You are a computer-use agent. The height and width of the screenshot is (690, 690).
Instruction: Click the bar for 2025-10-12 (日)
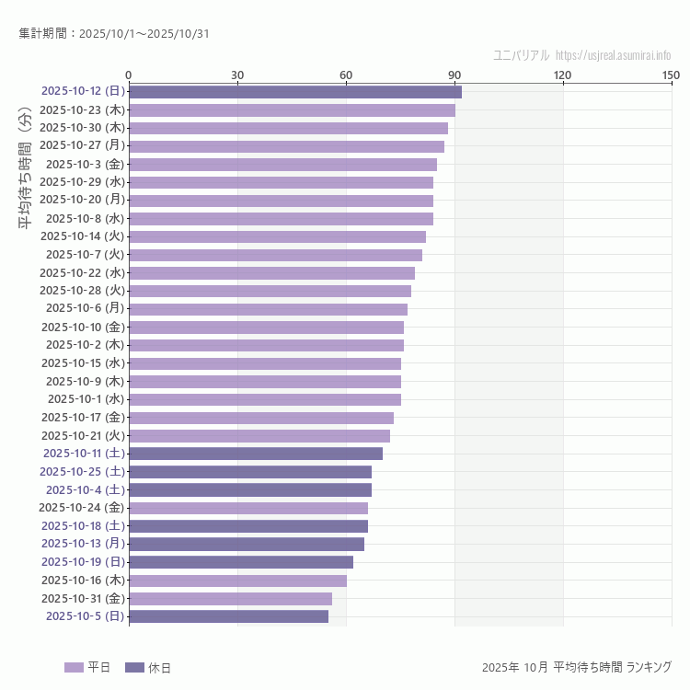click(x=294, y=92)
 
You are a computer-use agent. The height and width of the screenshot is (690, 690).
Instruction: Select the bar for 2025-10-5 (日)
click(x=228, y=616)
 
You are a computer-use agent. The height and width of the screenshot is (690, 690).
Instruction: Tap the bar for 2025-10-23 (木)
click(x=292, y=110)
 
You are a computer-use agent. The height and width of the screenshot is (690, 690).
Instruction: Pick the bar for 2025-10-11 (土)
click(x=256, y=454)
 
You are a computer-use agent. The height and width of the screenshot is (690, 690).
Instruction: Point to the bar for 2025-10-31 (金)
click(x=230, y=598)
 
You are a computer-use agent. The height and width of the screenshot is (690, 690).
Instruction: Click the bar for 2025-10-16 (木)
click(x=237, y=581)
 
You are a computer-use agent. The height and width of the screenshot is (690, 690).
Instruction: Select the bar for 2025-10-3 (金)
click(x=282, y=165)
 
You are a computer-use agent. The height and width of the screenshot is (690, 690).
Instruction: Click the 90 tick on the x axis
click(x=454, y=75)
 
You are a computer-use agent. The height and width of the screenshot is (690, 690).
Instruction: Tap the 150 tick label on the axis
click(x=671, y=75)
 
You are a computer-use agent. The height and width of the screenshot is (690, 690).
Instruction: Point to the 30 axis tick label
click(x=237, y=75)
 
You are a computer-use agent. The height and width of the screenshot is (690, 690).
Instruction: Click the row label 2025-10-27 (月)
click(x=83, y=146)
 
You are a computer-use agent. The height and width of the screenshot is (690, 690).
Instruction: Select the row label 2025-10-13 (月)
click(x=83, y=544)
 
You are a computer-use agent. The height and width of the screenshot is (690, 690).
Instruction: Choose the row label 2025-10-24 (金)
click(x=82, y=508)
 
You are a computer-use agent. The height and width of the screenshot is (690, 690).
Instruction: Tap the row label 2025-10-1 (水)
click(x=86, y=399)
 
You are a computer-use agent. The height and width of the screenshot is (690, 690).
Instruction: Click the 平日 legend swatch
click(x=74, y=667)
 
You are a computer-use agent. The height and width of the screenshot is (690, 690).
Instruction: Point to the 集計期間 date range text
click(x=114, y=34)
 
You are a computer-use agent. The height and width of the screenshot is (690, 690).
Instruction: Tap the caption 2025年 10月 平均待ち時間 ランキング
click(x=576, y=667)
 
